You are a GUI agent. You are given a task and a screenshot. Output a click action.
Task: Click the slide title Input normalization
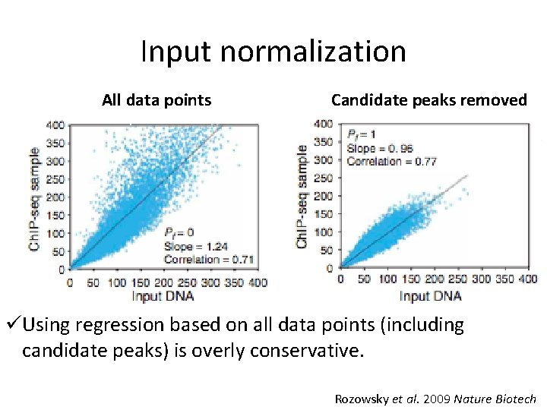pyautogui.click(x=273, y=52)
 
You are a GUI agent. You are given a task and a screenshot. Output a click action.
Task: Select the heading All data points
pyautogui.click(x=157, y=99)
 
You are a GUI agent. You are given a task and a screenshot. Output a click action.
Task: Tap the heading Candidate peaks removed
pyautogui.click(x=428, y=99)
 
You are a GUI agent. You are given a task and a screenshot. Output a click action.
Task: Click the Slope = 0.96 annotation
pyautogui.click(x=380, y=148)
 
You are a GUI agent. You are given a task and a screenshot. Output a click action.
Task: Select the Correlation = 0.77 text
pyautogui.click(x=391, y=161)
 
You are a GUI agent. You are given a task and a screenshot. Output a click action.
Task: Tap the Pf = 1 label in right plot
pyautogui.click(x=361, y=134)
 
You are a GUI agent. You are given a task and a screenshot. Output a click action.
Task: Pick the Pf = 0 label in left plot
pyautogui.click(x=178, y=232)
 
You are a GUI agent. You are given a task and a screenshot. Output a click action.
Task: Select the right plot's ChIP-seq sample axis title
pyautogui.click(x=302, y=196)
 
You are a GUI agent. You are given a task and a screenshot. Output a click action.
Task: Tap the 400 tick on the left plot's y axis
pyautogui.click(x=55, y=125)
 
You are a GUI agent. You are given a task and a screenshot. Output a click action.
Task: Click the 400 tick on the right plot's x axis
pyautogui.click(x=527, y=280)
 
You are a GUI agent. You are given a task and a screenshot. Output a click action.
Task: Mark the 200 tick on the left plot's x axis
pyautogui.click(x=165, y=282)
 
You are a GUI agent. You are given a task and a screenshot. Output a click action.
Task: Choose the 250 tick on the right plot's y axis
pyautogui.click(x=323, y=178)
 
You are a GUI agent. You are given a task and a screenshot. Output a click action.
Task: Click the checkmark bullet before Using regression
pyautogui.click(x=13, y=326)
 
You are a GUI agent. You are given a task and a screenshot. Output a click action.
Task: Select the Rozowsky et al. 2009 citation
pyautogui.click(x=435, y=398)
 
